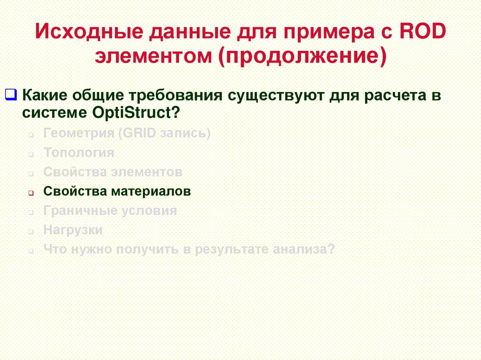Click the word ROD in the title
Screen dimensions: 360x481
pos(425,33)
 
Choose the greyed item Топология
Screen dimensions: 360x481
pos(78,153)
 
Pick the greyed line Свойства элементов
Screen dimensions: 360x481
pos(113,172)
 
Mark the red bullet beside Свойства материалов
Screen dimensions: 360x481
pos(31,193)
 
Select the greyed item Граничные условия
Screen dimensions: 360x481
pos(110,211)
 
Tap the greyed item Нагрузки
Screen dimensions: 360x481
pos(73,230)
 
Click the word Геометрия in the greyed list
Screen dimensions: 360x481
pos(79,133)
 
